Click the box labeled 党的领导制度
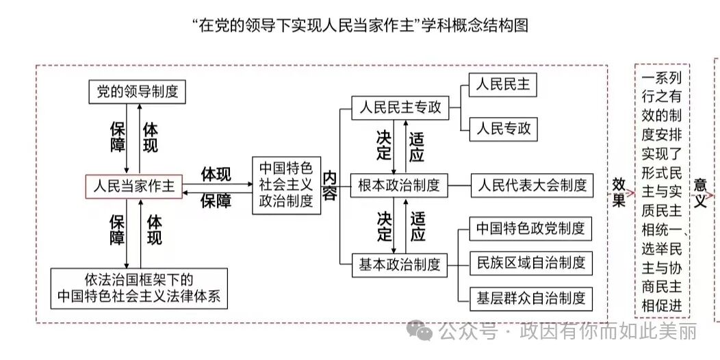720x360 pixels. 138,91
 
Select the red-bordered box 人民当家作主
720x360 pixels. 133,185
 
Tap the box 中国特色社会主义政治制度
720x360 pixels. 285,185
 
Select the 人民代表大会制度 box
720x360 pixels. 532,185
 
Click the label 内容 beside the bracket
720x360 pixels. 330,185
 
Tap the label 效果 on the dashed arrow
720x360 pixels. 619,193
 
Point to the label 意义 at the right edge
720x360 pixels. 700,193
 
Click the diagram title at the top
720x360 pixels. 361,26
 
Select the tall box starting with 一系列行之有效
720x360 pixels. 662,190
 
